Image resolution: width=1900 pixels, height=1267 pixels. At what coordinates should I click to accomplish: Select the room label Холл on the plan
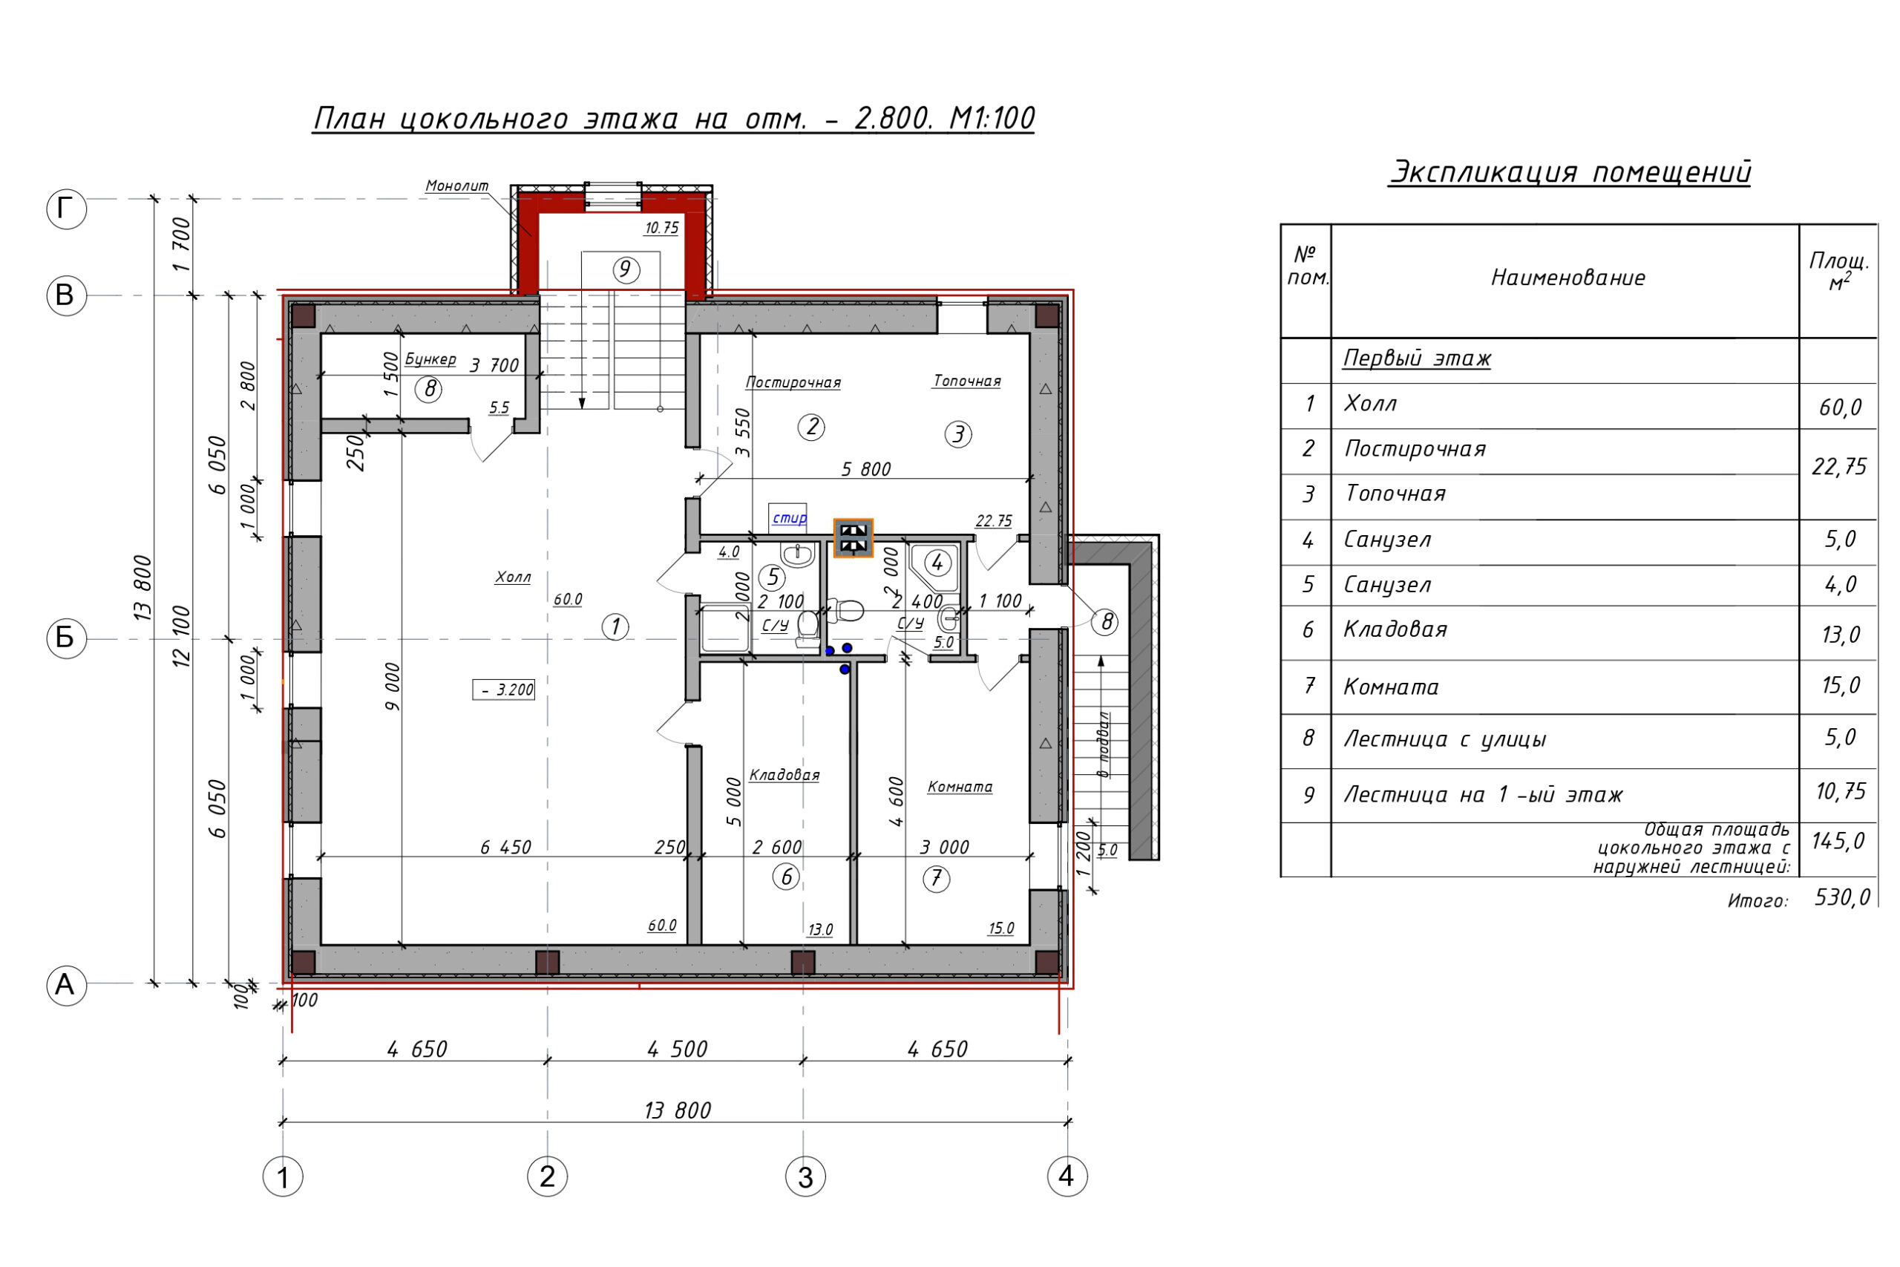(x=513, y=577)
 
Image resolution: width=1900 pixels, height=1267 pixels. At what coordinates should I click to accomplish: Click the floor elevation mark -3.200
(x=503, y=690)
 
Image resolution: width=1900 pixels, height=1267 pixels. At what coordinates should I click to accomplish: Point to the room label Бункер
(x=430, y=359)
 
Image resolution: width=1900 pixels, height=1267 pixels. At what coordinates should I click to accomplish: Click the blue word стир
(x=789, y=518)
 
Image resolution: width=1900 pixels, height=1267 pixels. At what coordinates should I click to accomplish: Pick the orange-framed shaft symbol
(x=853, y=538)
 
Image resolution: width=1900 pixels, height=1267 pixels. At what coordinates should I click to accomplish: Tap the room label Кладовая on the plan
(x=784, y=776)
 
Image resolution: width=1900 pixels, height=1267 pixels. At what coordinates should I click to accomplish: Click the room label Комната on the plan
(x=960, y=787)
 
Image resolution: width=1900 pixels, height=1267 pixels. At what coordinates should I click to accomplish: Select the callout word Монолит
(x=457, y=186)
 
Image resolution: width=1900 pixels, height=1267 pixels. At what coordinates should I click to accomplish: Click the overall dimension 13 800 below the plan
(x=677, y=1111)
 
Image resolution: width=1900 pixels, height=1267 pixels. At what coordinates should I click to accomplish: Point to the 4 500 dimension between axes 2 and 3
(x=677, y=1050)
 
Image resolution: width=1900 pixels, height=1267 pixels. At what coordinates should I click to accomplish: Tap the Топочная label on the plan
(x=967, y=381)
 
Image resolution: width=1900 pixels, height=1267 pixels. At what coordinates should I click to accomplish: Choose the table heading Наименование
(x=1568, y=278)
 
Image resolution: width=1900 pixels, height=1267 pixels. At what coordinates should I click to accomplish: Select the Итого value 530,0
(x=1843, y=897)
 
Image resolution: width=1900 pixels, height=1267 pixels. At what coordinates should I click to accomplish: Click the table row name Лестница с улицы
(x=1444, y=739)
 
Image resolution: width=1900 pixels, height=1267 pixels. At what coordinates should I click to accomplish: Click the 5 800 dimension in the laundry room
(x=866, y=470)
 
